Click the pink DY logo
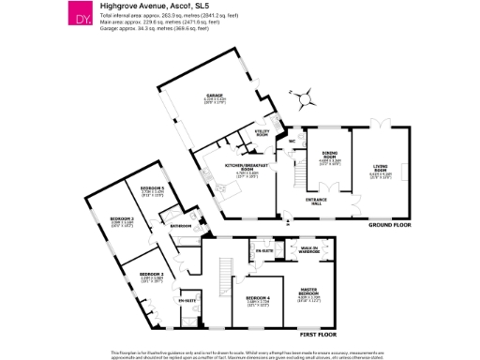click(x=84, y=18)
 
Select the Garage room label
click(x=213, y=97)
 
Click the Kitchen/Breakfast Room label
click(x=247, y=166)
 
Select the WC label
click(x=293, y=142)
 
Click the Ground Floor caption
click(x=389, y=225)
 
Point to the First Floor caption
click(x=319, y=335)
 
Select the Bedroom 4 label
click(x=258, y=298)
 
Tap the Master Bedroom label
click(x=310, y=291)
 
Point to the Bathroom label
click(x=180, y=226)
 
